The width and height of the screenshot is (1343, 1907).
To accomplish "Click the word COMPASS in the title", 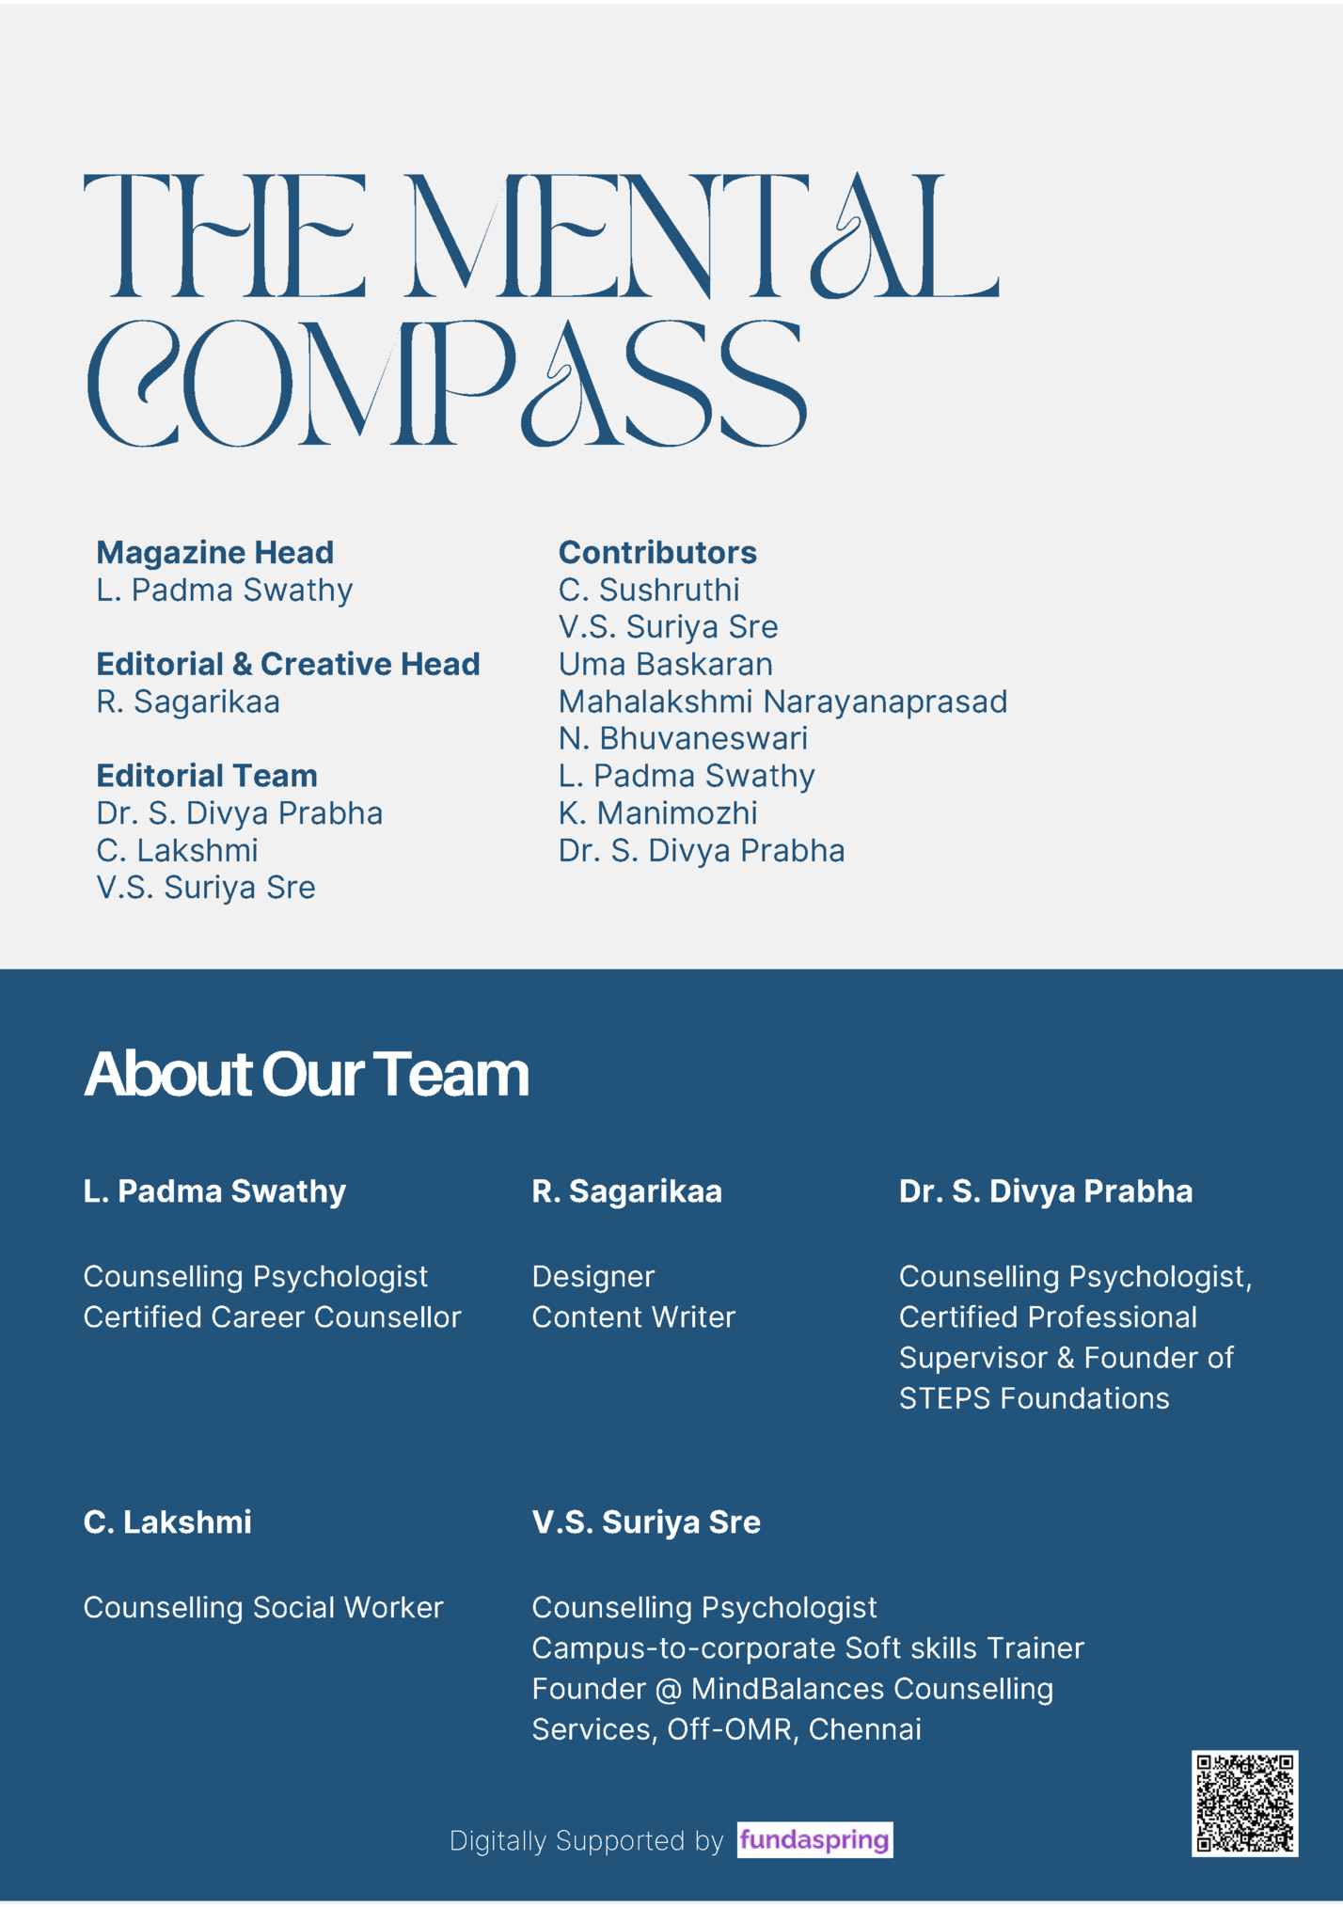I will [447, 384].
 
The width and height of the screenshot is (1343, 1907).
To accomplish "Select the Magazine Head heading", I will [214, 552].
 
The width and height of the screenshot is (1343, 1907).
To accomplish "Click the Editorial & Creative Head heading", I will [288, 664].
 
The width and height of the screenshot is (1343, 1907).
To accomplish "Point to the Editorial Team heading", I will [207, 776].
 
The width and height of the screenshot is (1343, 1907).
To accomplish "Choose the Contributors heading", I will [657, 552].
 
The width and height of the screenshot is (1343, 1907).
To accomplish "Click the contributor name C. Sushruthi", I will [649, 590].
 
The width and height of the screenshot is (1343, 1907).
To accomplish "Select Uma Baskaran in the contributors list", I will [665, 664].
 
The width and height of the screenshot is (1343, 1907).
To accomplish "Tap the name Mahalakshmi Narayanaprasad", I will [782, 701].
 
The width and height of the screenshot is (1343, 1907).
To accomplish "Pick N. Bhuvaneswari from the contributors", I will [683, 738].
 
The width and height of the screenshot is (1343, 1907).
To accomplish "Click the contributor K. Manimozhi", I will [657, 812].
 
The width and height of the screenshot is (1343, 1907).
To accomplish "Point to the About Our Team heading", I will [307, 1074].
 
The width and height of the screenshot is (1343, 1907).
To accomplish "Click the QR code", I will [1244, 1803].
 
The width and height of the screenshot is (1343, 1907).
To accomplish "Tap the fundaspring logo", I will [814, 1839].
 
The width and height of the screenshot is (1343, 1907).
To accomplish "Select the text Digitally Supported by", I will [586, 1840].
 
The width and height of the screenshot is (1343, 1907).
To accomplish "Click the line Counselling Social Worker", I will [263, 1607].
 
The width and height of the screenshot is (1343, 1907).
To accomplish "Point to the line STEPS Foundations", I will [1034, 1398].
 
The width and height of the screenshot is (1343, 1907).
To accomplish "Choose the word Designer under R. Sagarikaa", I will [592, 1276].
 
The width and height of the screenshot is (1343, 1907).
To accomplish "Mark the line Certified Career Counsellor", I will [272, 1316].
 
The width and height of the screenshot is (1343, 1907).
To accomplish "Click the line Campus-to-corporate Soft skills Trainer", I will [808, 1647].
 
